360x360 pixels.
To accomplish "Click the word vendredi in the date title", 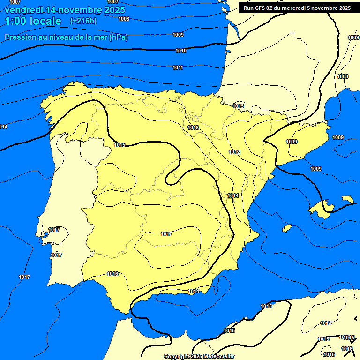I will (24, 10).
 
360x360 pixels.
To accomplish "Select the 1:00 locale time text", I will (33, 21).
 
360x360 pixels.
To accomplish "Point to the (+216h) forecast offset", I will (83, 21).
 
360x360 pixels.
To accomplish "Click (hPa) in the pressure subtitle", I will (119, 37).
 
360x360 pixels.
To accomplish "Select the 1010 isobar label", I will (181, 51).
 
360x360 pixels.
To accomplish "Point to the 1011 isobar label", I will (178, 68).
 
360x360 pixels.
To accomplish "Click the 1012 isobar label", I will (234, 152).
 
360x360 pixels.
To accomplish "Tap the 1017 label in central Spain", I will (166, 234).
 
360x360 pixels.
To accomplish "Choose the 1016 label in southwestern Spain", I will (112, 274).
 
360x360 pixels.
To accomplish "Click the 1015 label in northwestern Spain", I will (120, 145).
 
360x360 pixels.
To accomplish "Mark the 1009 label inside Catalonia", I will (292, 142).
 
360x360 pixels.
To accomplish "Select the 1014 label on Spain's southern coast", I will (194, 291).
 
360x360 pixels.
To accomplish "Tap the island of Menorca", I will (348, 199).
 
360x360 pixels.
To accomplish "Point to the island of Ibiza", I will (289, 228).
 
